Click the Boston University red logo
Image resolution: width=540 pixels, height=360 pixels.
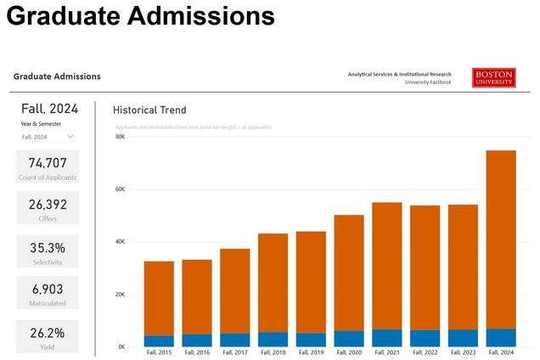(494, 77)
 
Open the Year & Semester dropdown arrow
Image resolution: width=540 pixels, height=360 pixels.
(70, 136)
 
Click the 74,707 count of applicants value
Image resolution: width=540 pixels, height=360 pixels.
(48, 163)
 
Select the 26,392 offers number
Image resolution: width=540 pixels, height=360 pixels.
(48, 204)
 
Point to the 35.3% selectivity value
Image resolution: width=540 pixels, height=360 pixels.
(48, 248)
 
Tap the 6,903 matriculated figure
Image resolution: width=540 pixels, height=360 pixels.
(48, 289)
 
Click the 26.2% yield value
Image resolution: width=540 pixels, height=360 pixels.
(48, 332)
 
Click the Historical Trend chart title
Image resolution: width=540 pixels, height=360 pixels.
(149, 110)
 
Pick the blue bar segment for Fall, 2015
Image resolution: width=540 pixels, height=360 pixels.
(159, 340)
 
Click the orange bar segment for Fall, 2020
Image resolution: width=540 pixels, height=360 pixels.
(349, 272)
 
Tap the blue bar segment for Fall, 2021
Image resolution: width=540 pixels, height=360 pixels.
(387, 338)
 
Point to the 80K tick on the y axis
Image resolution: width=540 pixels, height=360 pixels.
(120, 137)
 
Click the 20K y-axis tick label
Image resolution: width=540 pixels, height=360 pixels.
(120, 295)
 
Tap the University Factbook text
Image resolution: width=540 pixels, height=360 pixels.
(428, 82)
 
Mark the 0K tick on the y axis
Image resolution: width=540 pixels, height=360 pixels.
(121, 346)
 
